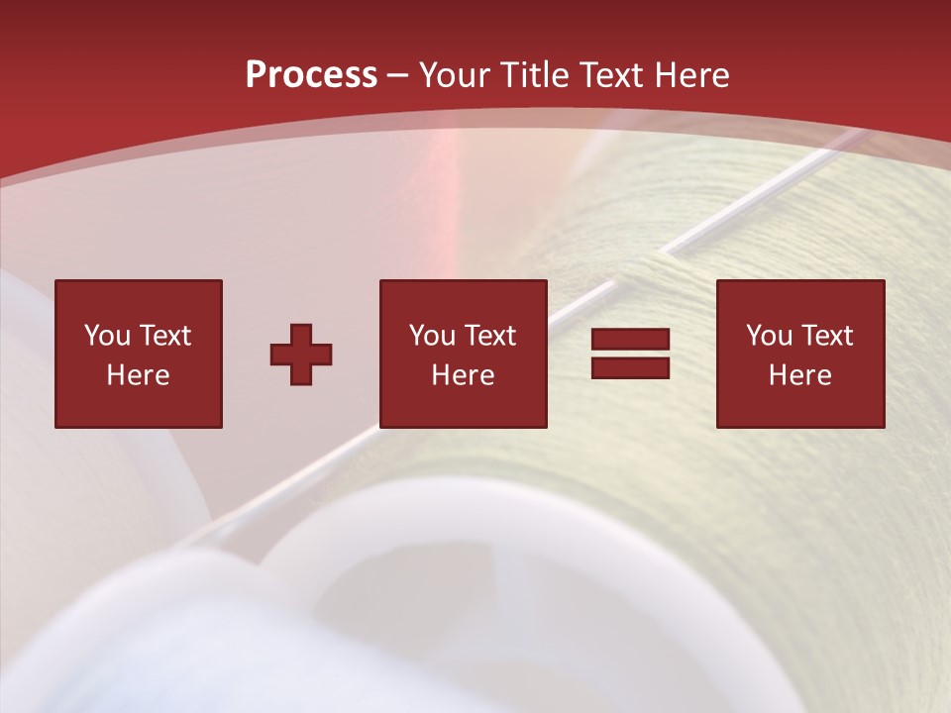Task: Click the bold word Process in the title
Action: pyautogui.click(x=311, y=75)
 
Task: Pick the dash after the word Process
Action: pyautogui.click(x=397, y=76)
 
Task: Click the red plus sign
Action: pyautogui.click(x=301, y=355)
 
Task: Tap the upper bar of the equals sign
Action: pyautogui.click(x=630, y=340)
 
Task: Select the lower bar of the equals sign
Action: pyautogui.click(x=630, y=367)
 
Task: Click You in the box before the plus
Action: pyautogui.click(x=107, y=336)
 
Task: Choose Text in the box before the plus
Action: pyautogui.click(x=163, y=336)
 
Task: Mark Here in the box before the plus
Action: pyautogui.click(x=138, y=375)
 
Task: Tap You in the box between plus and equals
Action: pyautogui.click(x=432, y=336)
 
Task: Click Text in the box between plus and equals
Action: pyautogui.click(x=489, y=336)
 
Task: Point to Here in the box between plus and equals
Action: pyautogui.click(x=463, y=375)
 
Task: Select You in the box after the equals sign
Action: pyautogui.click(x=769, y=336)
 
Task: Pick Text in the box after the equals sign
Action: pyautogui.click(x=826, y=336)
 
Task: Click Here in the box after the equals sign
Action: pyautogui.click(x=799, y=375)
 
